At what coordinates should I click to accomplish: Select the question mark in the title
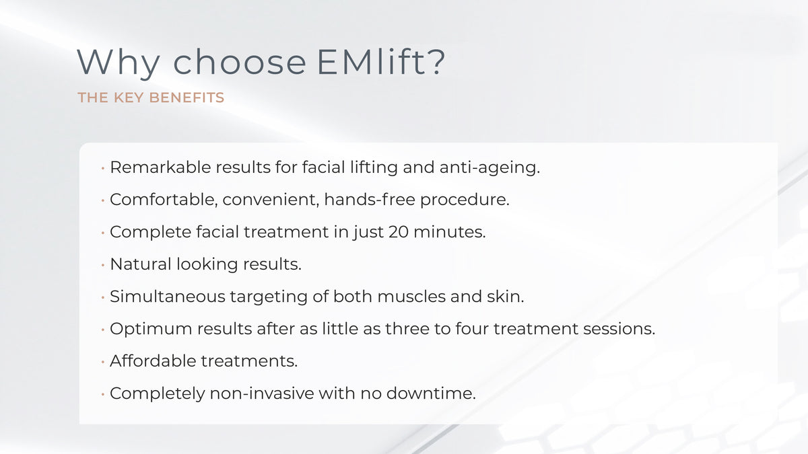437,61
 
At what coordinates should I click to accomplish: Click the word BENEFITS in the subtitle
187,98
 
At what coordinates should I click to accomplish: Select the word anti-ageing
490,168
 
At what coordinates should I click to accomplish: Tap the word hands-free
370,199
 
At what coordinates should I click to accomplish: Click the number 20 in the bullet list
399,232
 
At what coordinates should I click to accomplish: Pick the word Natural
141,264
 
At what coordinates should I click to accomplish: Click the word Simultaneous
168,297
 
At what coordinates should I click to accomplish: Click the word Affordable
153,361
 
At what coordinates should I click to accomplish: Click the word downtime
431,393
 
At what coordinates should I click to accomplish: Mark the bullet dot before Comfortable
103,200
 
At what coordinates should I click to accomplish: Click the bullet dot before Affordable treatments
103,361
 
